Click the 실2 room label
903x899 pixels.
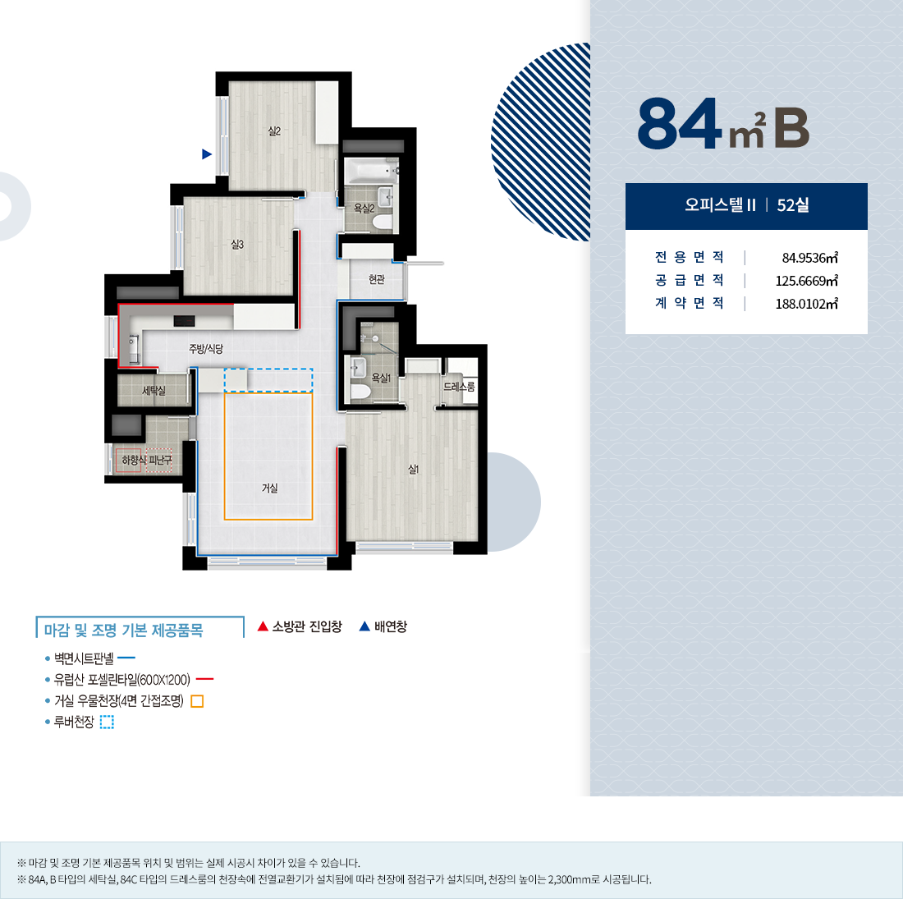(274, 131)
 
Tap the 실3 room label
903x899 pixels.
(237, 245)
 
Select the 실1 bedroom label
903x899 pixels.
(413, 470)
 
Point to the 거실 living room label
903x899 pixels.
(269, 488)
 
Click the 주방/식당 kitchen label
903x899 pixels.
(205, 348)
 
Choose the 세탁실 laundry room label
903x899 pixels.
(154, 391)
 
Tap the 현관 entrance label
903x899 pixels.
(377, 279)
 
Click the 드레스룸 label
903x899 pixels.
(459, 387)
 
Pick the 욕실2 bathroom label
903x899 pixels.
(364, 209)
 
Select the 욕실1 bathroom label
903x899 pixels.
(381, 378)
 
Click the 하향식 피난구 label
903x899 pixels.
(147, 460)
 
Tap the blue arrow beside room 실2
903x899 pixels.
(207, 154)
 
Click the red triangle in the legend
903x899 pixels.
(263, 626)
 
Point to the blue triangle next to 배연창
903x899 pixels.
(364, 626)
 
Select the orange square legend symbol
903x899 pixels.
(197, 701)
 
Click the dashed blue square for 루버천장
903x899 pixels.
(107, 722)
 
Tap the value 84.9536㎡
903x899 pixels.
(809, 258)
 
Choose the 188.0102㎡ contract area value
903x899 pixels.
(806, 304)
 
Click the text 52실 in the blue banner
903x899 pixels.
(793, 205)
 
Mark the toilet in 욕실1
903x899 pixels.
(360, 392)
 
